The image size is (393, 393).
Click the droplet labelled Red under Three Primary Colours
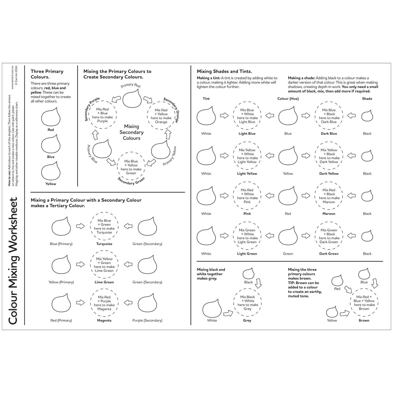point(51,118)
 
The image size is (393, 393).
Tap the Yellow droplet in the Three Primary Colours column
point(51,172)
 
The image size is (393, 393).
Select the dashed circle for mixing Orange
point(161,116)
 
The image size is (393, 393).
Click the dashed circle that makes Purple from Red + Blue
point(102,115)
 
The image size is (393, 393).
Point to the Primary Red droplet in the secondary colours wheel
point(131,99)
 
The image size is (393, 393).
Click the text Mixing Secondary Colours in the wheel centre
point(131,132)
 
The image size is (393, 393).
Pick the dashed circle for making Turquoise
point(104,226)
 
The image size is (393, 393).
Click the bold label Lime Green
point(104,282)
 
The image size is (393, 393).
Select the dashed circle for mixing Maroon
point(329,196)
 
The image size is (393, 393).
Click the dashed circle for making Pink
point(247,196)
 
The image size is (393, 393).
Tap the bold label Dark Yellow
point(329,174)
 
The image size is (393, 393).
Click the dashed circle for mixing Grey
point(248,303)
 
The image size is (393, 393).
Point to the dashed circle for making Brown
point(364,303)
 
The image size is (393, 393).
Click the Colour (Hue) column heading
point(288,99)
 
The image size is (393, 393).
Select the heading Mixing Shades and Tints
point(224,72)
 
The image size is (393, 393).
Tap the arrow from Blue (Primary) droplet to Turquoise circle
point(80,226)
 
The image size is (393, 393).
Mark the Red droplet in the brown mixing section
point(337,280)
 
